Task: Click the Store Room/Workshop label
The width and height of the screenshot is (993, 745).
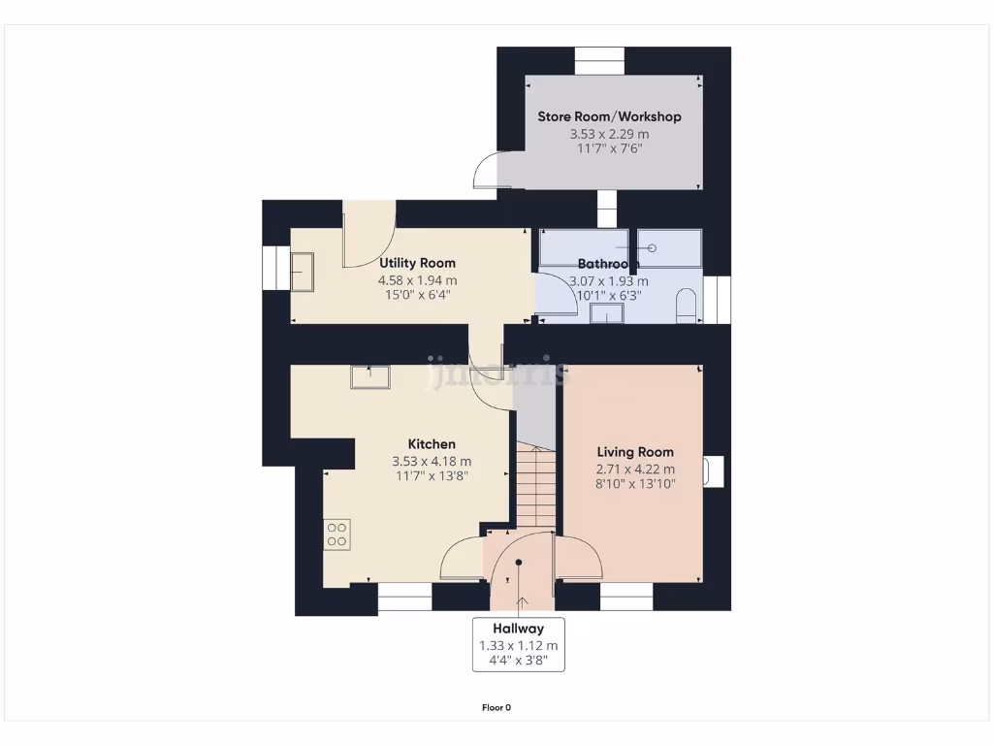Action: tap(609, 116)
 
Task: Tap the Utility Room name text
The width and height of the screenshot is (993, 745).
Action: tap(417, 263)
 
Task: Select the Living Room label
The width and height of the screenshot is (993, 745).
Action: tap(635, 452)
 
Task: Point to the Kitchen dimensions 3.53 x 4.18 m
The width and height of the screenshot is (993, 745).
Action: tap(432, 462)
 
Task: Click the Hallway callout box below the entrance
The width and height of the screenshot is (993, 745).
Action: tap(518, 644)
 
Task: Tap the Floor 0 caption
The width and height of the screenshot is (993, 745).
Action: tap(496, 707)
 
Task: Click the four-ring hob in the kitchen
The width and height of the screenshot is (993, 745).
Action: tap(337, 534)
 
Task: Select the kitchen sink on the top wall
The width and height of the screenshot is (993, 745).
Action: tap(370, 375)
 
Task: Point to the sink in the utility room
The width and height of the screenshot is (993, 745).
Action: tap(302, 270)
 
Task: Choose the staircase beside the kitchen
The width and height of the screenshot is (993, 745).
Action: tap(534, 485)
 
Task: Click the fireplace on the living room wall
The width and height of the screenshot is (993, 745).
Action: tap(715, 470)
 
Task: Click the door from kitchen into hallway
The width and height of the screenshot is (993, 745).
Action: tap(461, 559)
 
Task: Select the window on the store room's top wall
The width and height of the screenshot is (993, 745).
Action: tap(602, 61)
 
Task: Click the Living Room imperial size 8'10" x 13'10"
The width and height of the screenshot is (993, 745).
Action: tap(635, 483)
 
